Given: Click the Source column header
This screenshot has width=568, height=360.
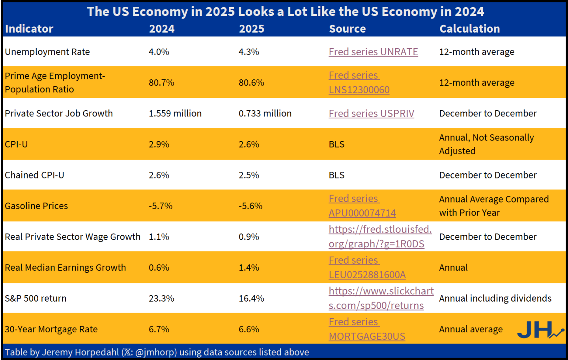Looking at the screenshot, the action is [x=347, y=29].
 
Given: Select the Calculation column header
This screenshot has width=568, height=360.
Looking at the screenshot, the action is [x=470, y=29].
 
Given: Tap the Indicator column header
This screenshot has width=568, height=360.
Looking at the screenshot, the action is [x=29, y=29].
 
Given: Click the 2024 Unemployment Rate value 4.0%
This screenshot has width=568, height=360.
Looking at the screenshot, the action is [x=159, y=52].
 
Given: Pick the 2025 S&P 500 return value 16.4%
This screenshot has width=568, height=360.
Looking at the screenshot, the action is [x=251, y=298].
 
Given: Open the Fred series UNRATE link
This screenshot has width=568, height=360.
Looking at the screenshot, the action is [x=373, y=52].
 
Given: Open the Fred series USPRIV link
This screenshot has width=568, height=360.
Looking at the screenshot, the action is [x=372, y=113].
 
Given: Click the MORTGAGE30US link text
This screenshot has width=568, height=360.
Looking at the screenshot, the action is [x=367, y=336].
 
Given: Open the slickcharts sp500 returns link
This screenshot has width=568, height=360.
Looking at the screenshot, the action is [x=381, y=298].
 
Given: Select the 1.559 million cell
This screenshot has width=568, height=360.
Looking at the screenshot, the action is [x=175, y=113].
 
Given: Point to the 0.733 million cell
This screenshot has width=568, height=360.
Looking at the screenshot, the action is [x=265, y=113].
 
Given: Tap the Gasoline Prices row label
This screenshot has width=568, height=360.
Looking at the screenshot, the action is [x=36, y=206].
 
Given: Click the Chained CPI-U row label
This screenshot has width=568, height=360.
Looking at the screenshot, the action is [x=34, y=175].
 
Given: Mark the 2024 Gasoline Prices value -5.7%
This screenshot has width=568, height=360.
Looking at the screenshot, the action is [x=161, y=206].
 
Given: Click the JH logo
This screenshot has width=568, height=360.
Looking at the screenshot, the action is [x=540, y=330].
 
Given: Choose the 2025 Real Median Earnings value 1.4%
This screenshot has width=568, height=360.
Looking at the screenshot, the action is [x=249, y=268].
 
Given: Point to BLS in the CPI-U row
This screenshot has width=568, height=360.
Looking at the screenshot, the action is [x=336, y=144].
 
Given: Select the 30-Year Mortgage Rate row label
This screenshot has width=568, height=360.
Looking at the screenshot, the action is [x=51, y=329].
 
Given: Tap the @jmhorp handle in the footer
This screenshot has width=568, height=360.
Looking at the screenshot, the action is [x=156, y=352].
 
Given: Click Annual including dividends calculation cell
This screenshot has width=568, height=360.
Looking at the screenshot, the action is [x=495, y=298].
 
